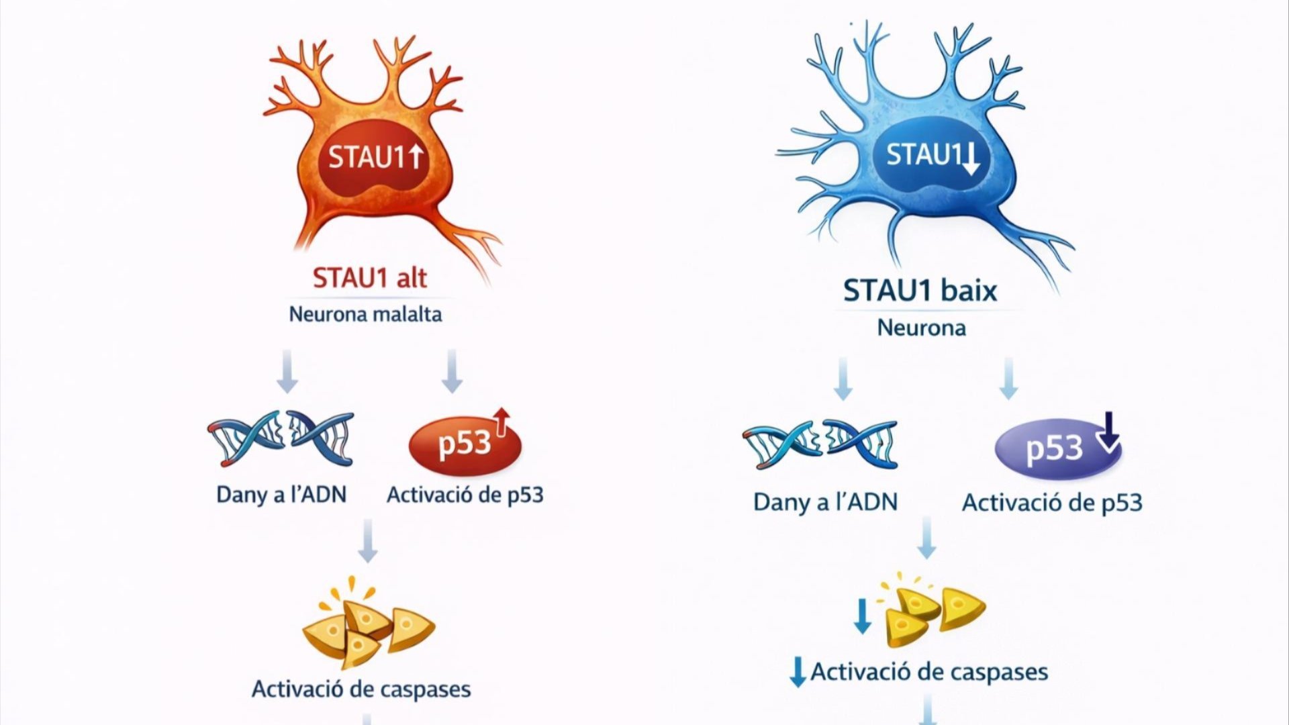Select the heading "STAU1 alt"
[x=369, y=278]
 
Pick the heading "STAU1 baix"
[x=920, y=291]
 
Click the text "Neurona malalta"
[x=365, y=314]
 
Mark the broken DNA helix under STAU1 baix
[x=819, y=444]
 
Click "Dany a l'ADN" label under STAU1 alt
[x=281, y=495]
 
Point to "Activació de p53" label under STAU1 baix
[x=1052, y=503]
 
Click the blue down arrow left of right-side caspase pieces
[x=862, y=617]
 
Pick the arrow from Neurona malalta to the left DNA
[x=287, y=371]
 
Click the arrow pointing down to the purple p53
[x=1008, y=379]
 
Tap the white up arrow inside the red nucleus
[x=416, y=157]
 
